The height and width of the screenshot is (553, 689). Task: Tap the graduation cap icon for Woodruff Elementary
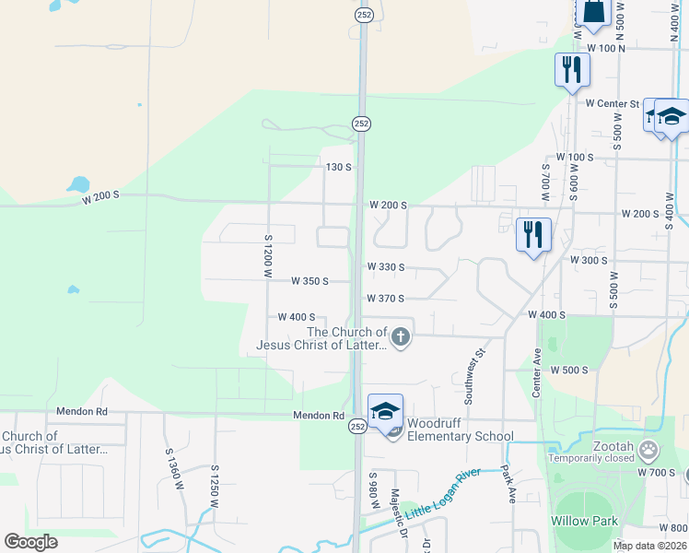coord(385,412)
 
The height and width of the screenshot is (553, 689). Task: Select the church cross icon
coord(400,338)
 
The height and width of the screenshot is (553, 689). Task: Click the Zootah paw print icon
coord(649,451)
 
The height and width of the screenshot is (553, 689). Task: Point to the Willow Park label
coord(584,521)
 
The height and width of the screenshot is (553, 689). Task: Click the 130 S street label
coord(339,167)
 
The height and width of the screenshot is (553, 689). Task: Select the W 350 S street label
coord(309,281)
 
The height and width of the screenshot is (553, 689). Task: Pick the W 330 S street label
coord(385,267)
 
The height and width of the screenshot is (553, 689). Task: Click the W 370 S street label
coord(385,299)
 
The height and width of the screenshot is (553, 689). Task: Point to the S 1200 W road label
coord(269,254)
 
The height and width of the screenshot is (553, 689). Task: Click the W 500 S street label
coord(568,370)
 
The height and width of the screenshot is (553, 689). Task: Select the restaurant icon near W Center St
coord(572,69)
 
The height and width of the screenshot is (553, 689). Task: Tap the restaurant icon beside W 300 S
coord(532,234)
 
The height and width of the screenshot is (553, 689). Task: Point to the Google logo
coord(30,541)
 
